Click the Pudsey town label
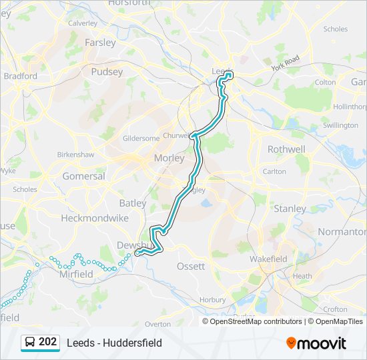pyautogui.click(x=107, y=71)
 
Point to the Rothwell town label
pyautogui.click(x=286, y=149)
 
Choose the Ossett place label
pyautogui.click(x=190, y=266)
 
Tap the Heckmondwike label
pyautogui.click(x=85, y=218)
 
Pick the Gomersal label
pyautogui.click(x=83, y=177)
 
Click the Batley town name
pyautogui.click(x=132, y=203)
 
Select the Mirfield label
pyautogui.click(x=76, y=274)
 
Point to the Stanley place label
pyautogui.click(x=290, y=209)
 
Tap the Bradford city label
pyautogui.click(x=21, y=76)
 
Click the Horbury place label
pyautogui.click(x=212, y=300)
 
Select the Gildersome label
pyautogui.click(x=141, y=138)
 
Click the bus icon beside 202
pyautogui.click(x=29, y=343)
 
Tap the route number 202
pyautogui.click(x=48, y=342)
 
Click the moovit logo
pyautogui.click(x=316, y=343)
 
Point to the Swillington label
pyautogui.click(x=340, y=125)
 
